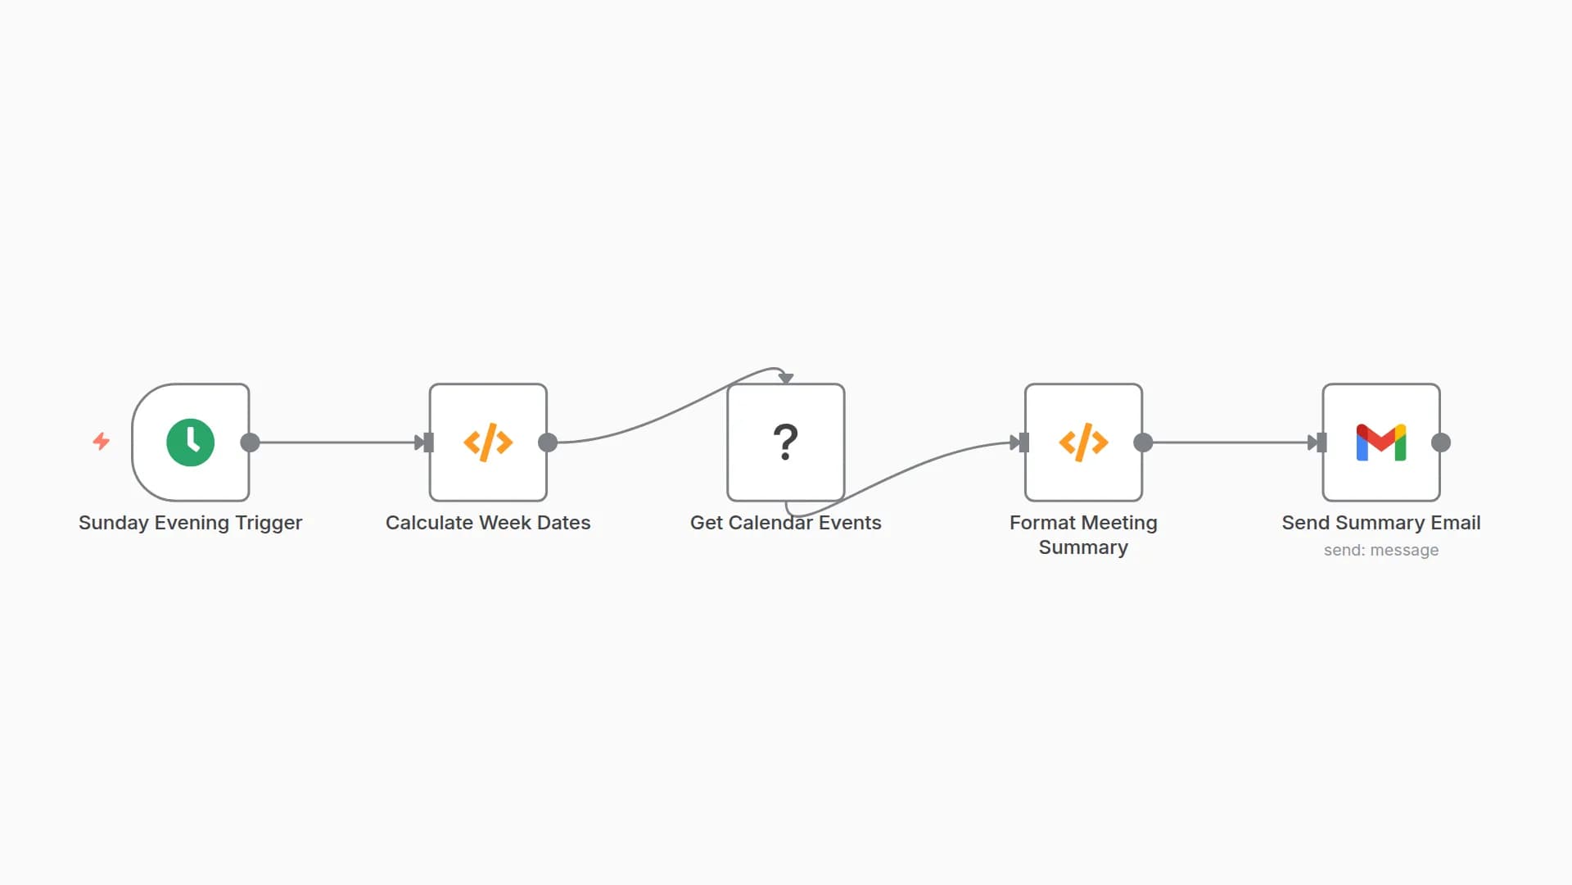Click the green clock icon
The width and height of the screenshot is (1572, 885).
pos(190,442)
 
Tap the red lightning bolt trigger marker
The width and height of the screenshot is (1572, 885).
pos(102,442)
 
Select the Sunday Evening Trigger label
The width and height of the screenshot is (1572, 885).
pos(190,523)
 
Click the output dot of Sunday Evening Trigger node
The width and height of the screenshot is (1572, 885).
pos(251,442)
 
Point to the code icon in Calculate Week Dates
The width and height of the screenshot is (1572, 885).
pos(488,442)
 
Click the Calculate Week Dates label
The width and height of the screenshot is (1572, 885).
pos(488,523)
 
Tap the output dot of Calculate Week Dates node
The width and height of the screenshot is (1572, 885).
pos(548,442)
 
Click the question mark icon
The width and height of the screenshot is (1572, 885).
pos(785,442)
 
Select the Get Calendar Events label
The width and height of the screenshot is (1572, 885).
pos(785,523)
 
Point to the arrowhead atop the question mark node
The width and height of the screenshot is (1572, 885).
pos(786,378)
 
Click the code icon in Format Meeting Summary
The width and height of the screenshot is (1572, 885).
pos(1083,442)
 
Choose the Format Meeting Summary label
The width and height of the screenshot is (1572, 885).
pos(1083,534)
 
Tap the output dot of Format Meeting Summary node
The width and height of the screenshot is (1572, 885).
pos(1144,442)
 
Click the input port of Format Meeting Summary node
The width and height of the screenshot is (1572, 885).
pos(1023,442)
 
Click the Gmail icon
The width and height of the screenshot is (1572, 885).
pos(1381,442)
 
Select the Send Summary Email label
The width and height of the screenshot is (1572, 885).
pos(1381,523)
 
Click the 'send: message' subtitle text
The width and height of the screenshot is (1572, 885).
pos(1381,550)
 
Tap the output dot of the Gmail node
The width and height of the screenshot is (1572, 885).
pos(1441,442)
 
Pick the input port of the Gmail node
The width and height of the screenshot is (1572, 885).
pos(1321,442)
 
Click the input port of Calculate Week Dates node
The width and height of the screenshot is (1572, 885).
pos(428,442)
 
